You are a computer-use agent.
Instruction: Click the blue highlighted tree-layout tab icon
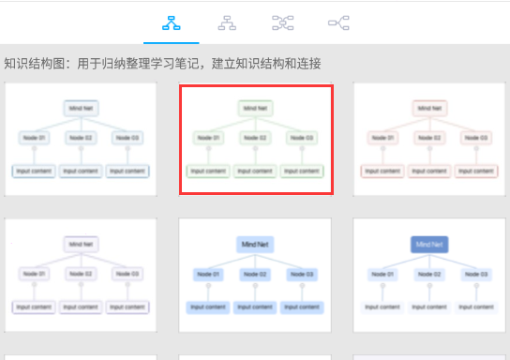171,22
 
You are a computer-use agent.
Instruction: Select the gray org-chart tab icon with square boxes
227,22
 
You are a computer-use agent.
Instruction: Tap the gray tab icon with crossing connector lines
282,22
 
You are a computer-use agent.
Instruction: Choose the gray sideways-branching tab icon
338,22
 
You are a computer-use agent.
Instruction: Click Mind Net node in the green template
255,109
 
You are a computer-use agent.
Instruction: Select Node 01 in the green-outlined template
209,138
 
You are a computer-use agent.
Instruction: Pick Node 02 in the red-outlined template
428,138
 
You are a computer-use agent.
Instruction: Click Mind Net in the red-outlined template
428,109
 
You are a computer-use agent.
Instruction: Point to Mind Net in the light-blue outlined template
82,109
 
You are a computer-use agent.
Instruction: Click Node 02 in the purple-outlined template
82,273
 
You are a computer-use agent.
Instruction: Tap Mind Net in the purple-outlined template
82,244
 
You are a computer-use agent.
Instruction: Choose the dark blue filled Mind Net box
428,244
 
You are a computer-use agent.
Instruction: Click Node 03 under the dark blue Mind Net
475,273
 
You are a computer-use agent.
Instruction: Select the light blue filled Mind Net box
255,244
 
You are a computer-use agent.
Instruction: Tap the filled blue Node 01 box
209,273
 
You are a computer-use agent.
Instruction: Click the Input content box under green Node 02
255,171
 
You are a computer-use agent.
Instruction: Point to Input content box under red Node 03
475,171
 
